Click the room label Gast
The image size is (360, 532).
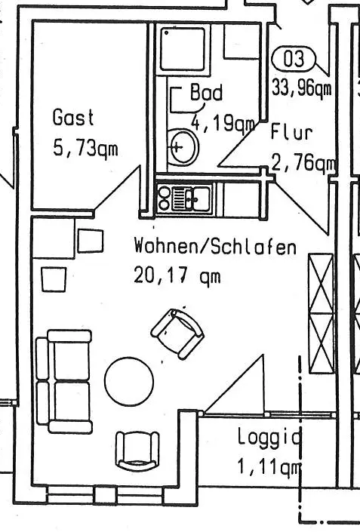(x=73, y=117)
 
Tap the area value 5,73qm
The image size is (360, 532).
(x=85, y=148)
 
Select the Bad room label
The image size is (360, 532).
(x=206, y=92)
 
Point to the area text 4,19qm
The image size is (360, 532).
(x=223, y=123)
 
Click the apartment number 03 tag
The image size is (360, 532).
(x=294, y=59)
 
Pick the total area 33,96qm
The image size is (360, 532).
(x=302, y=88)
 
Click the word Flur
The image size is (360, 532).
(x=291, y=132)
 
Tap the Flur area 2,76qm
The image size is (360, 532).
(x=304, y=163)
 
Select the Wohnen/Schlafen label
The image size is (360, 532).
(x=215, y=246)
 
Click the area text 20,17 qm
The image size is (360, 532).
(x=177, y=275)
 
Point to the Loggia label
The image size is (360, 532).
(x=269, y=437)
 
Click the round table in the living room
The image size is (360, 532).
(x=129, y=381)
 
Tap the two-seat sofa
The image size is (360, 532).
(x=64, y=381)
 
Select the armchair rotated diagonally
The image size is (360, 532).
(x=177, y=334)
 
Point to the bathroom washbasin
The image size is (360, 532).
(x=183, y=147)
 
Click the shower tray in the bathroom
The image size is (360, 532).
(x=183, y=49)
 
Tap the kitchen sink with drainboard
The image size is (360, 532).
(x=192, y=198)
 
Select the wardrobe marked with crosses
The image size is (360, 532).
(x=321, y=313)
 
